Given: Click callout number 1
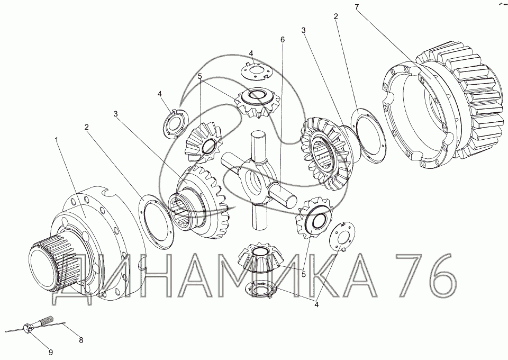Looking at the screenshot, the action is (x=57, y=140).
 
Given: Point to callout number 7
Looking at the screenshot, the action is (x=357, y=7).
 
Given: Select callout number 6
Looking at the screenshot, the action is (x=283, y=40).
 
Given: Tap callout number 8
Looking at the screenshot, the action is (x=81, y=340).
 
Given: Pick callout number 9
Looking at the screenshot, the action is (x=51, y=352).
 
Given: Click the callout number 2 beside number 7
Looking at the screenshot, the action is (x=336, y=16).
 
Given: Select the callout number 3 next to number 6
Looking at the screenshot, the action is (x=303, y=31).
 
